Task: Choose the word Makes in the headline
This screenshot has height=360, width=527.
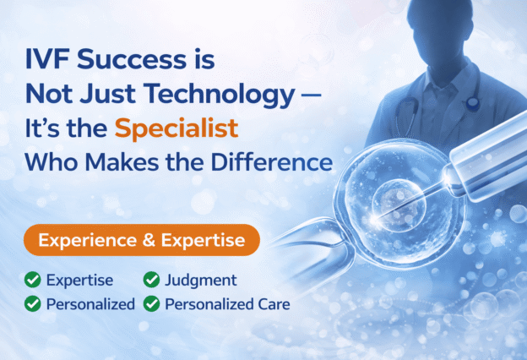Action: coord(137,161)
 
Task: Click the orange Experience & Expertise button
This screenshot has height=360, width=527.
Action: coord(141,241)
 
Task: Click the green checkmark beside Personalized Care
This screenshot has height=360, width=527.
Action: coord(152,303)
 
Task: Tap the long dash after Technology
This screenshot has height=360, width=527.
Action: coord(310,95)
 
